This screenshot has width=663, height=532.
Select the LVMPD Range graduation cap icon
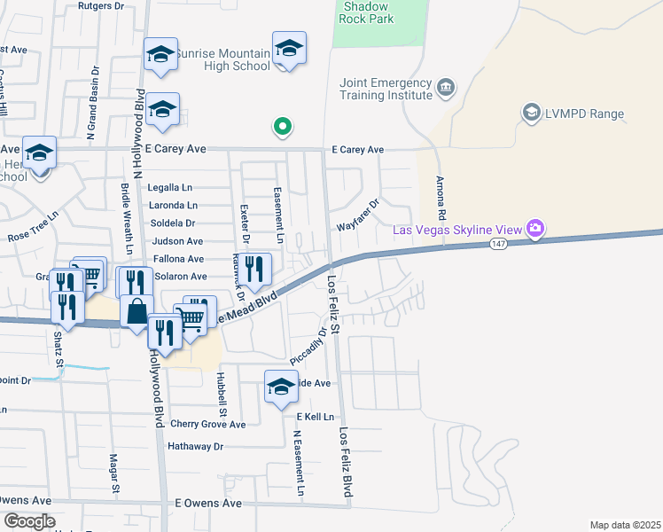(x=531, y=113)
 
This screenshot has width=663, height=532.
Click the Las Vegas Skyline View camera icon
(x=534, y=230)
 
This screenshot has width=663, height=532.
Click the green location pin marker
(x=283, y=128)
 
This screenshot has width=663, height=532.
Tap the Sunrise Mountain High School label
(x=222, y=59)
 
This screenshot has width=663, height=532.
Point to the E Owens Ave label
(x=208, y=503)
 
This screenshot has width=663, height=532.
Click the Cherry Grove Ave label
(x=207, y=424)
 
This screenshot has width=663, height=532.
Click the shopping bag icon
(x=136, y=313)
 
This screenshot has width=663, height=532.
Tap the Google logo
(x=29, y=521)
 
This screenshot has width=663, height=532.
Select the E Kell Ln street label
(x=316, y=416)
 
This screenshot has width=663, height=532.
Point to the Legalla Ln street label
(x=170, y=188)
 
